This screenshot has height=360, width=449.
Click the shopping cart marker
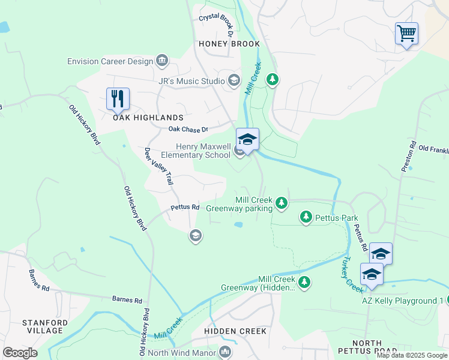[406, 34]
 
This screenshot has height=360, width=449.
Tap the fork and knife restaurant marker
[118, 98]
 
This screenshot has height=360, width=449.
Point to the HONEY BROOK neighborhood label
[230, 44]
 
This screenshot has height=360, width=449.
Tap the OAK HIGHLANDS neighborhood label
[148, 118]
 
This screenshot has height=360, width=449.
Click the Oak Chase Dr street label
[188, 129]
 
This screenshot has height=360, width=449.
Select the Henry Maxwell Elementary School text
[203, 151]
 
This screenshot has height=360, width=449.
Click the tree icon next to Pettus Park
[306, 216]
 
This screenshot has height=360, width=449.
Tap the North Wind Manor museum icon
[225, 352]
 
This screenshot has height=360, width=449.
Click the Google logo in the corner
[20, 353]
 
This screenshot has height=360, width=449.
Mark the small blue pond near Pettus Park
[238, 225]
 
